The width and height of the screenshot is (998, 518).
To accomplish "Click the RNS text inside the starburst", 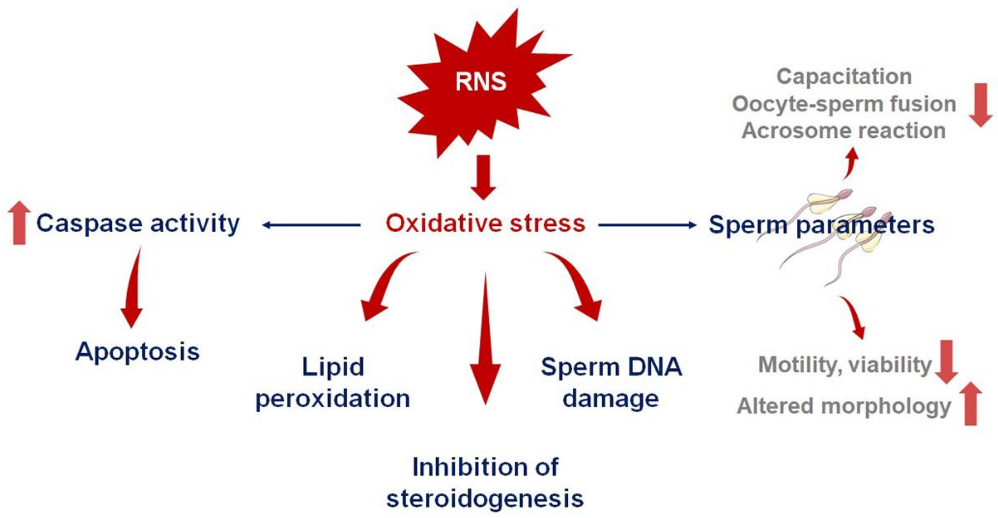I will tap(481, 81).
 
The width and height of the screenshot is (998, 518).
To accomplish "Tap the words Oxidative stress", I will tap(485, 223).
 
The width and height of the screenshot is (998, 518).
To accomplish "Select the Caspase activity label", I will tap(138, 223).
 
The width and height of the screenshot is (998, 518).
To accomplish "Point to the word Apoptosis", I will tap(138, 352).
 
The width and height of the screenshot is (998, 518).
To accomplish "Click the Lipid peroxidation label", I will tap(333, 382).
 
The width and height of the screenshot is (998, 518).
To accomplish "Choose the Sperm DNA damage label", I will tap(611, 382).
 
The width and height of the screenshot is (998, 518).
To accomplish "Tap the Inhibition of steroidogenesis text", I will tap(485, 483).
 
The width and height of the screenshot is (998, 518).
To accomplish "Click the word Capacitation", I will tap(844, 76).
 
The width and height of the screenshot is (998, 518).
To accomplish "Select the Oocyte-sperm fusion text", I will tap(844, 104).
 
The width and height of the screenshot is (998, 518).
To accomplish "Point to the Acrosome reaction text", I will tap(843, 130).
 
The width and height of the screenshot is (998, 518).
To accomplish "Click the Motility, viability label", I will tap(844, 364).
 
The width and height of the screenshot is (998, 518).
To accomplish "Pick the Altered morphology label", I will tap(843, 406).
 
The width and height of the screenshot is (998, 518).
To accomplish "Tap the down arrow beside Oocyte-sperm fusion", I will tap(981, 105).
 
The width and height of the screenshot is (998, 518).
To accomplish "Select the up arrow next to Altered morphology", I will tap(971, 403).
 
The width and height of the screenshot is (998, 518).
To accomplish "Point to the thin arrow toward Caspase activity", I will tap(311, 225).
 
